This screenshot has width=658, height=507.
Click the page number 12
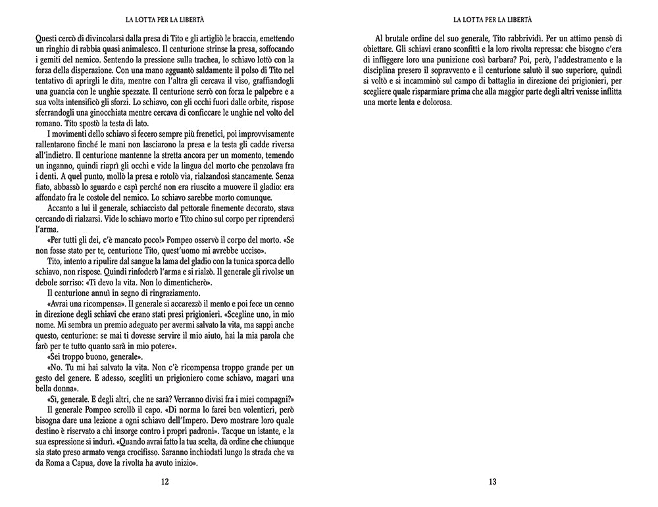[164, 482]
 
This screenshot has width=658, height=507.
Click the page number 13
[493, 482]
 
